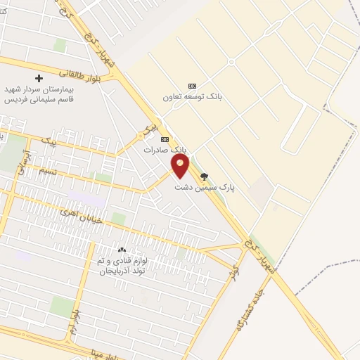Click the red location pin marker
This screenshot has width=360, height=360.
click(x=180, y=166)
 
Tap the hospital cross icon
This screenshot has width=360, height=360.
click(x=39, y=78)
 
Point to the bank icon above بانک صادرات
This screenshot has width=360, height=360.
click(x=165, y=139)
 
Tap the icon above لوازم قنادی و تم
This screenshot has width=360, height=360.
click(x=122, y=250)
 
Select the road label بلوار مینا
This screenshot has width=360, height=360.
click(x=105, y=352)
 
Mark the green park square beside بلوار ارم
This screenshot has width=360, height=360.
click(x=62, y=305)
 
